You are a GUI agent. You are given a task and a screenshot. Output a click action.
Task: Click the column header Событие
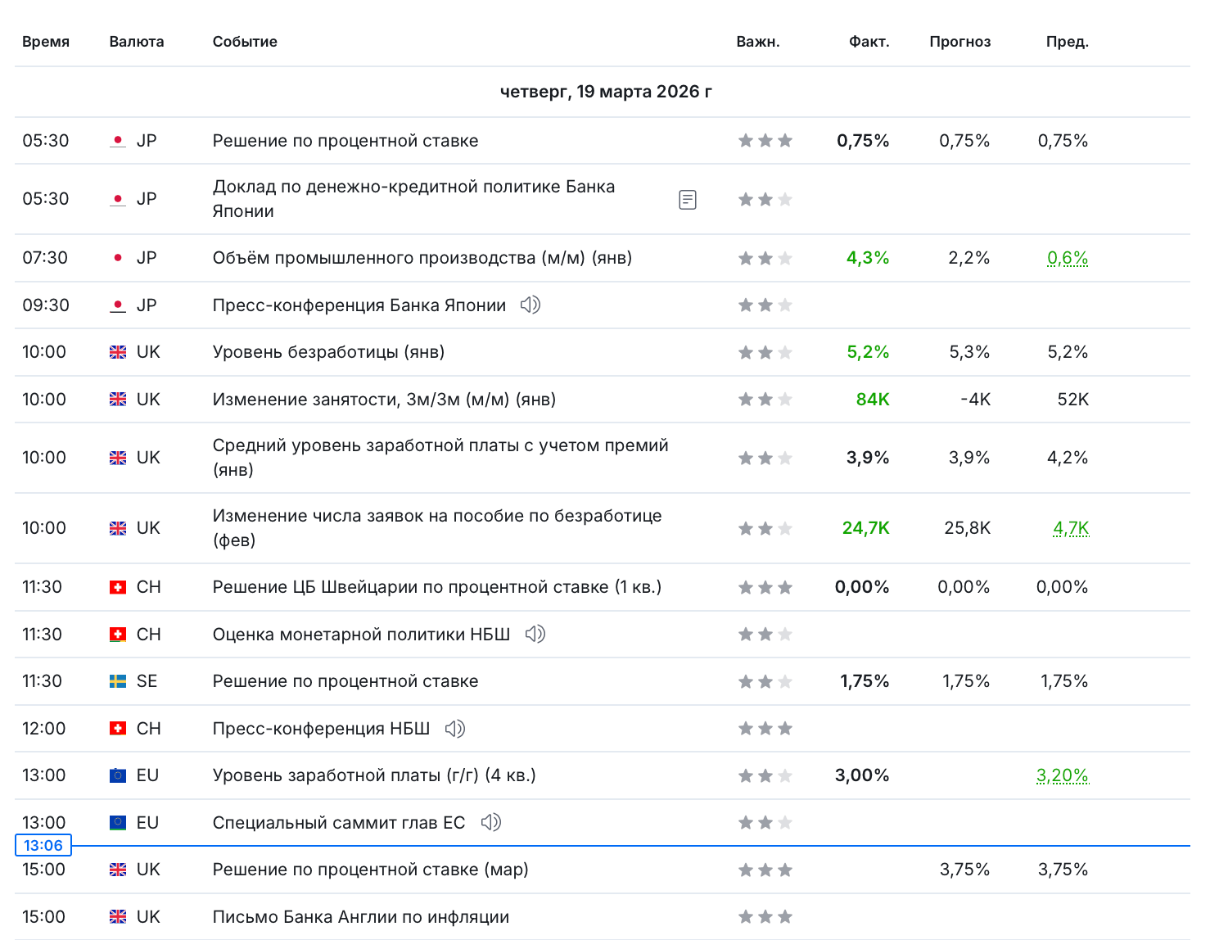[x=245, y=42]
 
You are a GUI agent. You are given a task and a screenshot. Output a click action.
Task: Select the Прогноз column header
[x=959, y=42]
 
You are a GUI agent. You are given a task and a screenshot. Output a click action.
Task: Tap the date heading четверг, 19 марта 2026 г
[x=606, y=92]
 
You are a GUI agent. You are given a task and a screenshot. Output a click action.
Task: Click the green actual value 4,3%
[x=867, y=258]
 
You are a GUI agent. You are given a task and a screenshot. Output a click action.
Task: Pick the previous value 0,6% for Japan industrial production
[x=1068, y=258]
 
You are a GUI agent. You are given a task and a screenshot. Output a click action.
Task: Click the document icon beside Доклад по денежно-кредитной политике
[x=688, y=199]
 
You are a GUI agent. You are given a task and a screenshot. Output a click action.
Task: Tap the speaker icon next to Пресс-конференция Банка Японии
[x=531, y=305]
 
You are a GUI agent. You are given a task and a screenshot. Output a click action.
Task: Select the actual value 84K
[x=872, y=400]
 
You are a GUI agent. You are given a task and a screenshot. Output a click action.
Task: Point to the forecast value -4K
[x=975, y=400]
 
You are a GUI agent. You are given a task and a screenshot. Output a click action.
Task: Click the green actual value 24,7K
[x=865, y=528]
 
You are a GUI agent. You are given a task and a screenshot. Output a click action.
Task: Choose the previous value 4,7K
[x=1071, y=528]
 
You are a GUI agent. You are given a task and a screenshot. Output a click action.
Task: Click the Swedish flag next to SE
[x=118, y=681]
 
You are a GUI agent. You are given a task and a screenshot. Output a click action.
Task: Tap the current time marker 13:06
[x=43, y=846]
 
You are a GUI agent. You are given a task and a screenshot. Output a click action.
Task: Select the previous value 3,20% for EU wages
[x=1062, y=775]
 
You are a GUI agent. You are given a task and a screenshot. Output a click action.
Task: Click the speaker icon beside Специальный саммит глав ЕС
[x=490, y=822]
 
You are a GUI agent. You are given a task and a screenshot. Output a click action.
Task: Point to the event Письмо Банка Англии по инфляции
[x=360, y=917]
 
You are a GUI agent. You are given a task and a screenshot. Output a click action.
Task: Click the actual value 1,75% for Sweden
[x=864, y=681]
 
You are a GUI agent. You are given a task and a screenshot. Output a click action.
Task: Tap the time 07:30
[x=45, y=258]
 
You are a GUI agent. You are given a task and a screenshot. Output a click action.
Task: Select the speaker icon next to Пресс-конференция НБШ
[x=454, y=729]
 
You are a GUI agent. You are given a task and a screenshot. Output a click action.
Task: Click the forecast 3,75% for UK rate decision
[x=964, y=870]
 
